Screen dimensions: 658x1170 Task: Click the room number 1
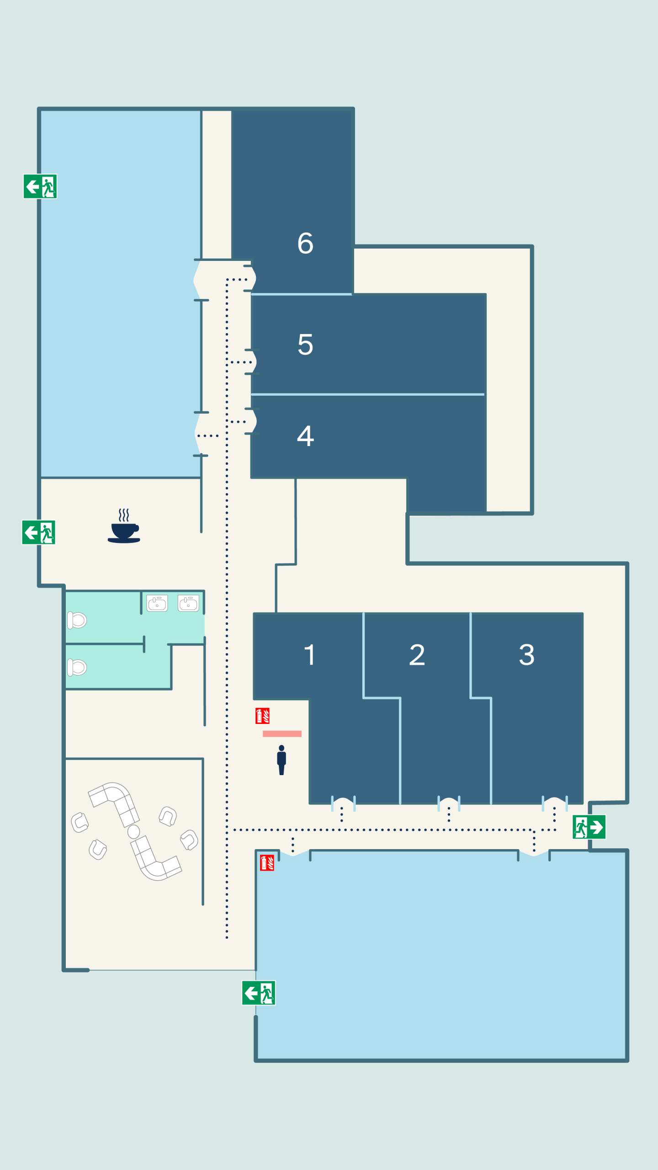(x=310, y=654)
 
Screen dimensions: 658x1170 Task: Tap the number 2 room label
(x=417, y=654)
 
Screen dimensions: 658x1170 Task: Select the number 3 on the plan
(x=526, y=654)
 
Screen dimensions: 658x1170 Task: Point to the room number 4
(x=305, y=436)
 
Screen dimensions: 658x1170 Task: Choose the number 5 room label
(x=305, y=344)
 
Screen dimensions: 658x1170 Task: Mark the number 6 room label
(x=305, y=243)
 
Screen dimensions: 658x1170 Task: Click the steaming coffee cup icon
(x=124, y=526)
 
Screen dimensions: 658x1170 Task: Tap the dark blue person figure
(x=281, y=760)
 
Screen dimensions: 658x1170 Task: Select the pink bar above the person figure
(x=282, y=734)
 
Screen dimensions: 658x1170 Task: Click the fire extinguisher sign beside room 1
(x=262, y=716)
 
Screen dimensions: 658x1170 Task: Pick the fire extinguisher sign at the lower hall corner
(x=267, y=862)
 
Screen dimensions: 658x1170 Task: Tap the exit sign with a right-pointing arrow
(x=589, y=827)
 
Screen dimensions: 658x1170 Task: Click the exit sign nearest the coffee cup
(x=39, y=532)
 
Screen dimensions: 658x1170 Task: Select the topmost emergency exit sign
(x=40, y=186)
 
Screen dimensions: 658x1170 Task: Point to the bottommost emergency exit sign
(x=259, y=993)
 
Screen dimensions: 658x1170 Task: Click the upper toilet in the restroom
(x=77, y=620)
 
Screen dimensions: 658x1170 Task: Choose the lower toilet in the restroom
(x=77, y=667)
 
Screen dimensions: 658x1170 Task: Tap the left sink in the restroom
(x=157, y=603)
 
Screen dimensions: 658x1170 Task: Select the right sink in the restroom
(x=188, y=603)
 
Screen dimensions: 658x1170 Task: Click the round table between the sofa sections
(x=134, y=831)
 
